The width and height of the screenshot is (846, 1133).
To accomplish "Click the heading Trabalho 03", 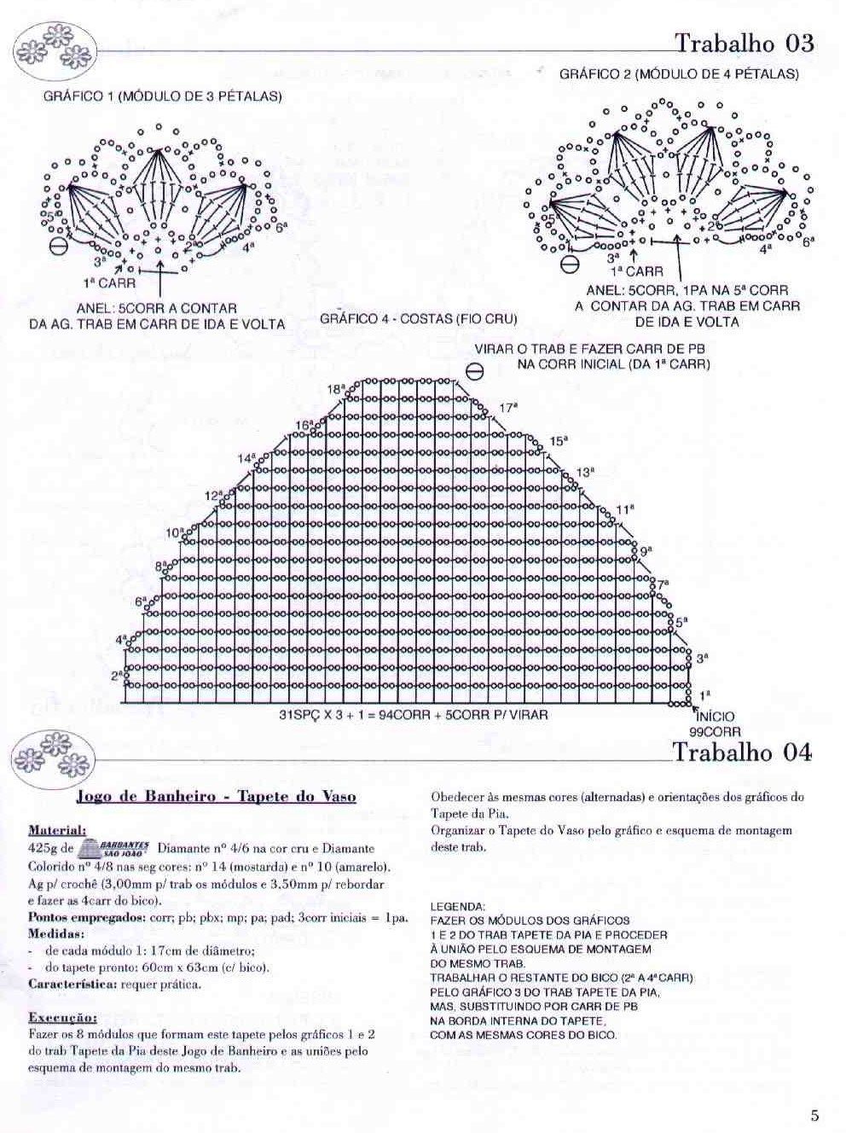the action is [744, 43].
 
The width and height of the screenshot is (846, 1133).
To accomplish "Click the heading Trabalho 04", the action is [742, 752].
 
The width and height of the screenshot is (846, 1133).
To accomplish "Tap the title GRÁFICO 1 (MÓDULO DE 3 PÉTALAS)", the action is [162, 96].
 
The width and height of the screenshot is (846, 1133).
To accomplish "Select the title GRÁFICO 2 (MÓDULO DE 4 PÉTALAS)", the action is [679, 74].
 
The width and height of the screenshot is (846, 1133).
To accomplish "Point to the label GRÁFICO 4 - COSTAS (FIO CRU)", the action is [419, 319].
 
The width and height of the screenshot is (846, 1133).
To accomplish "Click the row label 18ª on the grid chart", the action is [337, 389].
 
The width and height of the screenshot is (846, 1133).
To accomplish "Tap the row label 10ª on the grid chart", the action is [174, 533].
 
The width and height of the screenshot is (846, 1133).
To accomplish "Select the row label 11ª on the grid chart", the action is [625, 509].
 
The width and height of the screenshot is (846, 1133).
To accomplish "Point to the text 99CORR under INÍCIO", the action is [715, 731].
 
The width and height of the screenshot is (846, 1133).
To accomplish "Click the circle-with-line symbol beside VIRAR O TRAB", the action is [475, 371].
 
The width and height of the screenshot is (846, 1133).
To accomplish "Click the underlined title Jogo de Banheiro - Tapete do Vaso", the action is [216, 797].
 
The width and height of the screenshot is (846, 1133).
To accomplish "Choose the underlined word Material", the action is [57, 829].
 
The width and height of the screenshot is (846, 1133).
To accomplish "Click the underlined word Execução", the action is [62, 1018].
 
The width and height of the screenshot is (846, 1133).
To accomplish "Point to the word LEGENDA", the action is [458, 906].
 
